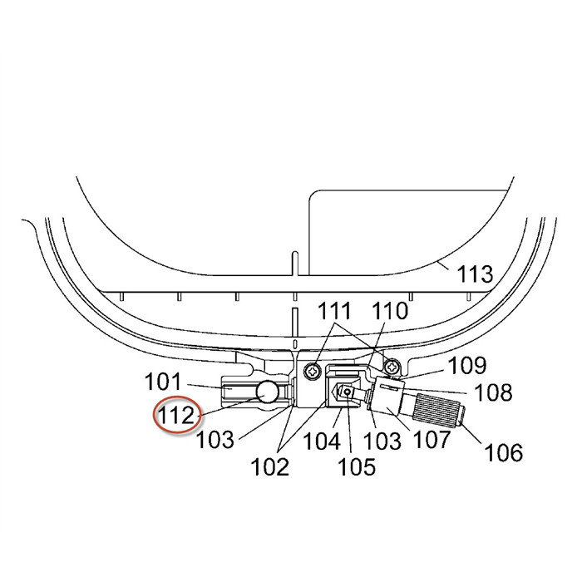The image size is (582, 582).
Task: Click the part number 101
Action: (163, 382)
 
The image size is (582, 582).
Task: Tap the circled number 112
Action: (176, 415)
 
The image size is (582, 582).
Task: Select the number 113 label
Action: (475, 274)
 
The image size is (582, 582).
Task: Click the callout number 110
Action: (390, 311)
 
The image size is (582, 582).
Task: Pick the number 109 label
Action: (467, 366)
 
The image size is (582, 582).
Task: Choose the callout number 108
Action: (494, 392)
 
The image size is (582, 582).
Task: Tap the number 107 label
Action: (432, 440)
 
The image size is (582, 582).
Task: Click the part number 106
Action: (504, 452)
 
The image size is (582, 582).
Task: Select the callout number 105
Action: (357, 466)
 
